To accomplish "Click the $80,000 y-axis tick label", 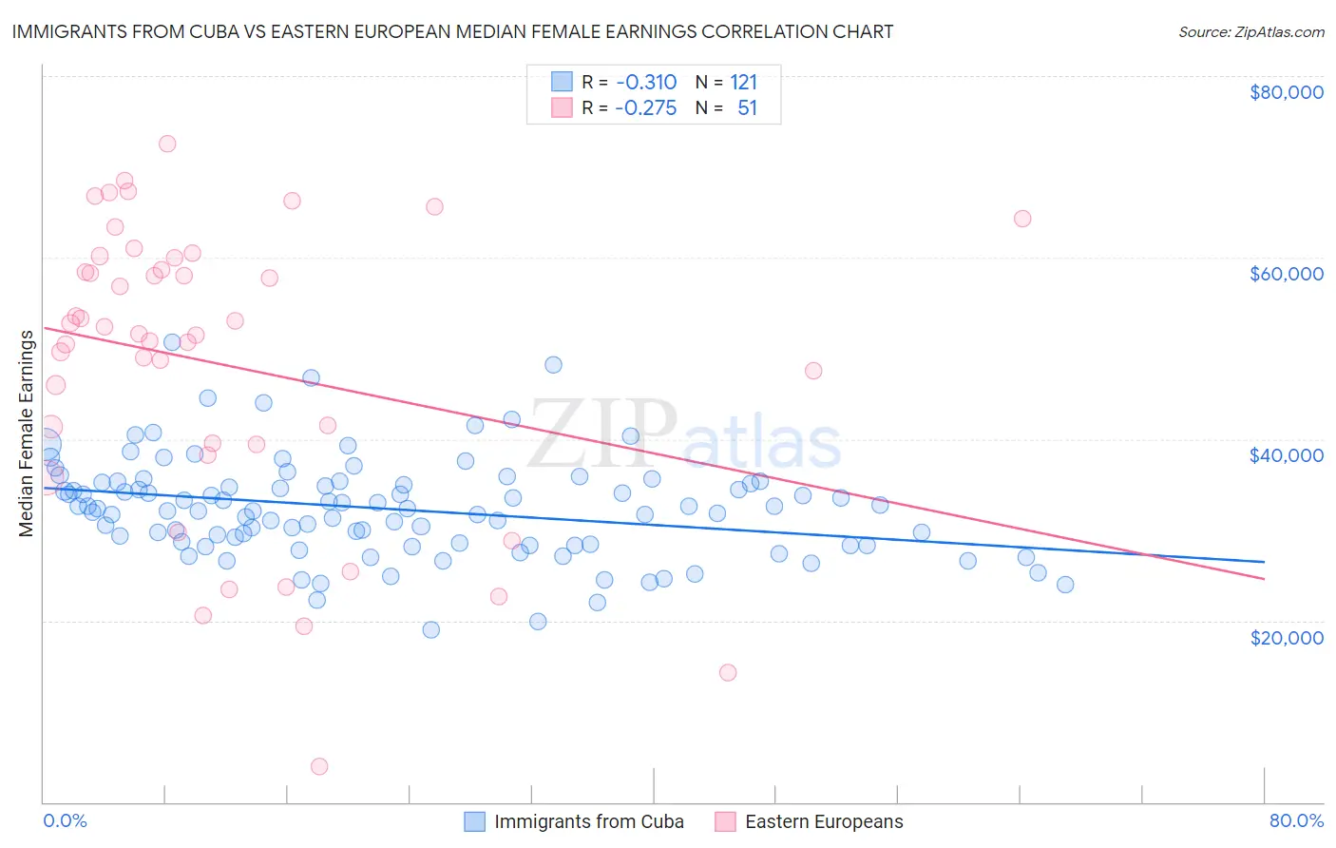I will tap(1287, 92).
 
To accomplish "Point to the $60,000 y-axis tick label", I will tap(1287, 274).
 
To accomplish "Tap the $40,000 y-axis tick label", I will tap(1287, 455).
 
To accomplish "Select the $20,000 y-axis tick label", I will tap(1287, 637).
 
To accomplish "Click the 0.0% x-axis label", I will tap(65, 820).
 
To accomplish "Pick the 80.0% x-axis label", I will tap(1296, 820).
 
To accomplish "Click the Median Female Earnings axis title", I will tap(27, 434).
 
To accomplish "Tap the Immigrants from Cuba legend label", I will tap(589, 821).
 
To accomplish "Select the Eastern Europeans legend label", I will tap(824, 821).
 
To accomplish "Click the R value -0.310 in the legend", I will tap(645, 82).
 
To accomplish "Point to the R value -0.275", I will tap(645, 108).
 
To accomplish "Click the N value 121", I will tap(744, 82).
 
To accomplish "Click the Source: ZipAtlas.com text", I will tap(1251, 31).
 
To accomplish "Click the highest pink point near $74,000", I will tap(167, 144).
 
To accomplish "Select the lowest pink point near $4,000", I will tap(319, 766).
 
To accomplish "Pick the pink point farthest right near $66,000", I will tap(1022, 219).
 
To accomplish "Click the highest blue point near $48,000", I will tap(553, 365).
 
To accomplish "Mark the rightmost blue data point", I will tap(1065, 585).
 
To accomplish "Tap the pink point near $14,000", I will tap(728, 672).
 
